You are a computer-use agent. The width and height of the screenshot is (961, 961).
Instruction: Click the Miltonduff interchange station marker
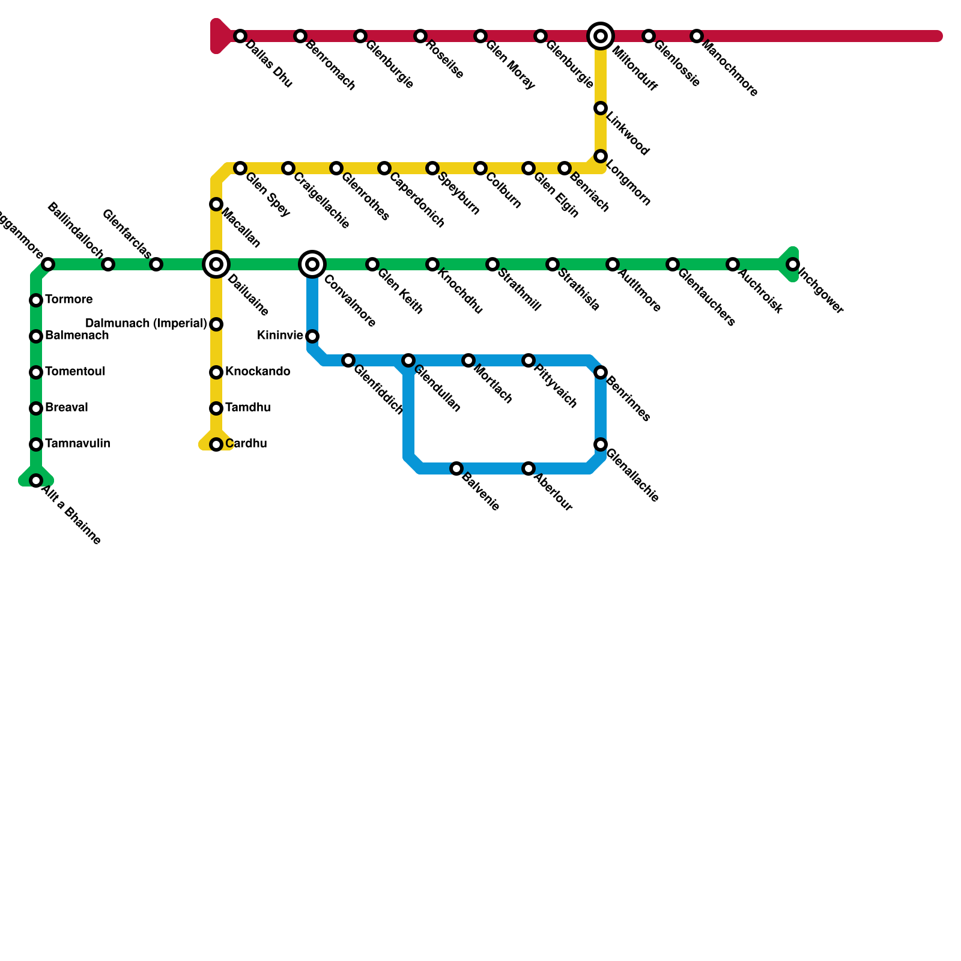[601, 36]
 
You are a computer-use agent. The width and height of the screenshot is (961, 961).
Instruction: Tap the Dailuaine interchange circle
[216, 264]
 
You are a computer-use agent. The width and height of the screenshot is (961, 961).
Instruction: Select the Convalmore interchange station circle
[312, 264]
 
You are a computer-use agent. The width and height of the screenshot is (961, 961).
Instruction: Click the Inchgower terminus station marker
[793, 264]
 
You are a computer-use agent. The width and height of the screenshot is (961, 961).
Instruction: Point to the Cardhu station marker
[216, 444]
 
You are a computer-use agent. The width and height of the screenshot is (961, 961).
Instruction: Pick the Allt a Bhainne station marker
[36, 480]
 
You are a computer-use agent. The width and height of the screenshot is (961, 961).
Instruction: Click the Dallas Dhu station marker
[240, 36]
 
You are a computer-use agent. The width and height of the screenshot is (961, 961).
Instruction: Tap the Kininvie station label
[280, 336]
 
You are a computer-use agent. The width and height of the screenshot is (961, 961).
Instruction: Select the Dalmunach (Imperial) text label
[146, 324]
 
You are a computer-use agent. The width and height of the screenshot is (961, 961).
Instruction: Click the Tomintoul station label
[75, 372]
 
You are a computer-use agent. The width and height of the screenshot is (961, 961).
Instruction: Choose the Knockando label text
[258, 372]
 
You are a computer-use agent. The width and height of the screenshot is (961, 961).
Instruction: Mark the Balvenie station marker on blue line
[456, 468]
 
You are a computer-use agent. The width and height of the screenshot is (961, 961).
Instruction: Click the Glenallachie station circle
[601, 444]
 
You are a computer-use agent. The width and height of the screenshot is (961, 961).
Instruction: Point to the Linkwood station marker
[601, 108]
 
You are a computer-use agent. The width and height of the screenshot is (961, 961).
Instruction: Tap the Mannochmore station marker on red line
[696, 36]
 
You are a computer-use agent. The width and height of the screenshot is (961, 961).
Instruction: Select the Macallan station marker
[216, 204]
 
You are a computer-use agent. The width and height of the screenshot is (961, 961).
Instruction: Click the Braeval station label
[67, 408]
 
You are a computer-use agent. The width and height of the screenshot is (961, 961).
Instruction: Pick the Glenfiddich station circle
[348, 360]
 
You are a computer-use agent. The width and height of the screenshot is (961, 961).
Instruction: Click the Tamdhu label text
[248, 408]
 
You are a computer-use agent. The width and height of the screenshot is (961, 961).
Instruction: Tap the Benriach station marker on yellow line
[565, 168]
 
